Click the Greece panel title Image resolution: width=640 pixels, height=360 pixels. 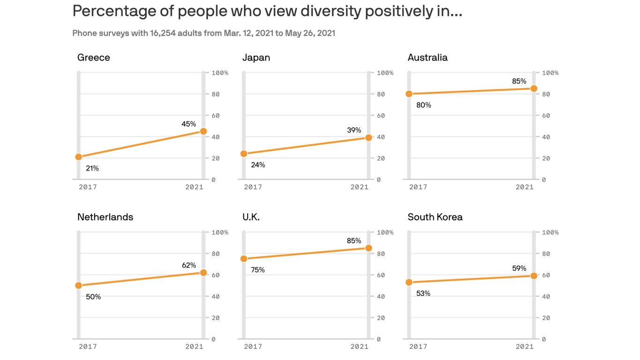pyautogui.click(x=94, y=58)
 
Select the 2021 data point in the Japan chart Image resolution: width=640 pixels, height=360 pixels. pyautogui.click(x=369, y=138)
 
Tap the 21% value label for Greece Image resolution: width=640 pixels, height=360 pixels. pyautogui.click(x=92, y=168)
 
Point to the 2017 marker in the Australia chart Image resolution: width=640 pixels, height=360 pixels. pyautogui.click(x=409, y=94)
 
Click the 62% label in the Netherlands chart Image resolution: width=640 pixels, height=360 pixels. pyautogui.click(x=189, y=265)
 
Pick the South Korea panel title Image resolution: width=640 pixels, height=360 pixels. pyautogui.click(x=435, y=217)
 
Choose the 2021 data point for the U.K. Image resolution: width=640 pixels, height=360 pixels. pyautogui.click(x=369, y=248)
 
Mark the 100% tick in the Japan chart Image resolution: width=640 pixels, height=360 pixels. pyautogui.click(x=385, y=73)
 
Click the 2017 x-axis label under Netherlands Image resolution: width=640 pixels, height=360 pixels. pyautogui.click(x=88, y=346)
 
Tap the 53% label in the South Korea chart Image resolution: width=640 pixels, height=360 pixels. pyautogui.click(x=423, y=293)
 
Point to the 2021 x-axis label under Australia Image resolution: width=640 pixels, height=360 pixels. pyautogui.click(x=524, y=187)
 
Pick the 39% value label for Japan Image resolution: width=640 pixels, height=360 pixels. pyautogui.click(x=354, y=130)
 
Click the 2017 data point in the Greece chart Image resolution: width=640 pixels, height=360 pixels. pyautogui.click(x=79, y=157)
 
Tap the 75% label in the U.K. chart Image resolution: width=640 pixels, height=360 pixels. pyautogui.click(x=258, y=270)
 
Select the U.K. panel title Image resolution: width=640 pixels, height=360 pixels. pyautogui.click(x=251, y=217)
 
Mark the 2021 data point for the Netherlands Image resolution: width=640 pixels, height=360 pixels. pyautogui.click(x=203, y=273)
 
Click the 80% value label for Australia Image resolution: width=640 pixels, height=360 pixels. pyautogui.click(x=424, y=105)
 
